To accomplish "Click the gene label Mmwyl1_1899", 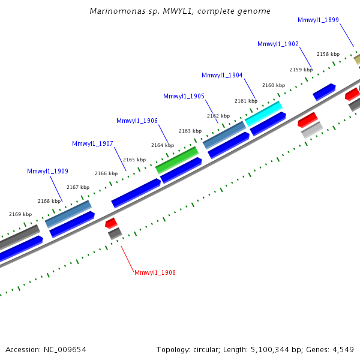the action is coord(318,20).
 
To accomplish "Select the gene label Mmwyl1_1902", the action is coord(278,44).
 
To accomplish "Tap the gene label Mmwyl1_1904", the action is coord(222,75).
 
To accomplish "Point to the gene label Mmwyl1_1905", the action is coord(184,96).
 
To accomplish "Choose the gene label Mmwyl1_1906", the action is coord(137,121).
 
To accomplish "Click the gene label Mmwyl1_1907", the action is coord(92,143).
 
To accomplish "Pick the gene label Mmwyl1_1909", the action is coord(47,171).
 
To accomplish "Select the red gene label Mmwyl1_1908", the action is coord(155,272).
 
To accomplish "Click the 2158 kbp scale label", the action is coord(328,54).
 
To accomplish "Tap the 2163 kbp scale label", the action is coord(190,131).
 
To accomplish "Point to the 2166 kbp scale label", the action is coord(106,173).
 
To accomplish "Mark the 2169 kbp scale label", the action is coord(20,214).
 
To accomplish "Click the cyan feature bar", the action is coord(263,113).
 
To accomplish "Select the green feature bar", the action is coord(177,160).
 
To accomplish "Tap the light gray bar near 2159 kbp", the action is coord(312,130).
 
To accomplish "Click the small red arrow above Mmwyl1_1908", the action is coord(111,223).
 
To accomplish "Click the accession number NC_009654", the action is coord(65,350).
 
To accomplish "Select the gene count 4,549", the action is coord(343,350).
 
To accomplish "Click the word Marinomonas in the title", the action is coord(118,11).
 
